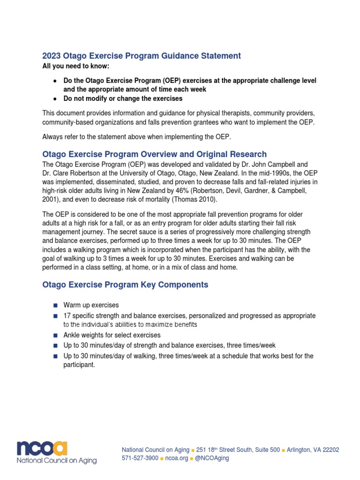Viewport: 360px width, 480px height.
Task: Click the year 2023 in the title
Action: [52, 56]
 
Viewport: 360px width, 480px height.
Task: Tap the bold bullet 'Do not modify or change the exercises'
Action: [123, 98]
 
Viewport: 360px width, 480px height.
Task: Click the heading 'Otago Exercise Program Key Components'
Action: [125, 285]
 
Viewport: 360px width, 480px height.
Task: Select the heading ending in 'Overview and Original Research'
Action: [154, 154]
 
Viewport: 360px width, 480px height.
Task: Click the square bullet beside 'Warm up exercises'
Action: [55, 306]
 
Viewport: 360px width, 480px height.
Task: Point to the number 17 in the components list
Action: [67, 316]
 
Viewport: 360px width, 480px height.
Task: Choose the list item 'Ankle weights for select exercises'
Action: [112, 336]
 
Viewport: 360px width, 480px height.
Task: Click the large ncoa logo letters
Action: [42, 449]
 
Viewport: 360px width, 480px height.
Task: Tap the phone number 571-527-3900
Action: [140, 458]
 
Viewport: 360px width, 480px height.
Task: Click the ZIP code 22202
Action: [330, 450]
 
